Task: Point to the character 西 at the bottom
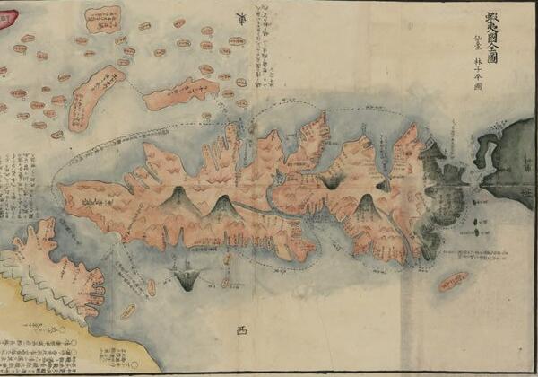click(239, 330)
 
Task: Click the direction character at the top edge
click(239, 15)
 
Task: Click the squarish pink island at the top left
click(104, 18)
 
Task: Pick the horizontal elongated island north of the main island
click(182, 92)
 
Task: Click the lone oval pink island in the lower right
click(452, 282)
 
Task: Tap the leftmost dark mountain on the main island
click(178, 198)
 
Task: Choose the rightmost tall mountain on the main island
click(365, 208)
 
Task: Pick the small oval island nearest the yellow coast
click(127, 311)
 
